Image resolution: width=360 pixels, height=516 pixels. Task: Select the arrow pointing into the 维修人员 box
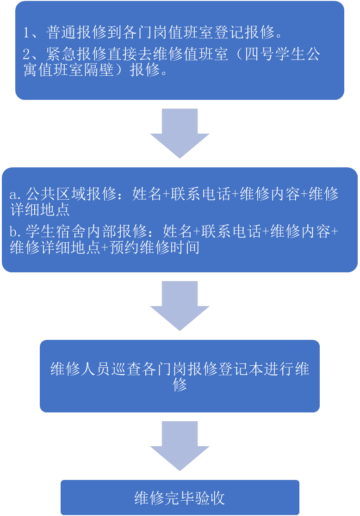tap(180, 305)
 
